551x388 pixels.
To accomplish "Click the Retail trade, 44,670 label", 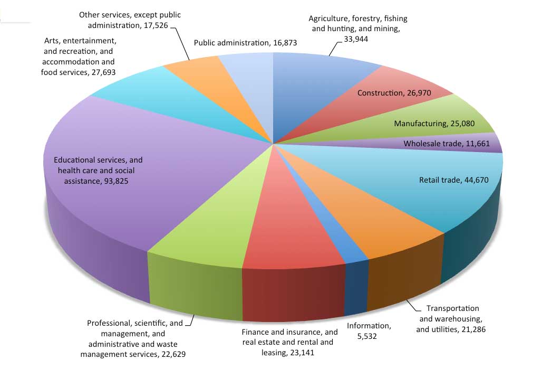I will tap(453, 180).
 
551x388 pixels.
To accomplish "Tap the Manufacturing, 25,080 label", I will tap(434, 124).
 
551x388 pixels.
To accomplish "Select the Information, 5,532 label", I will tap(369, 330).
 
